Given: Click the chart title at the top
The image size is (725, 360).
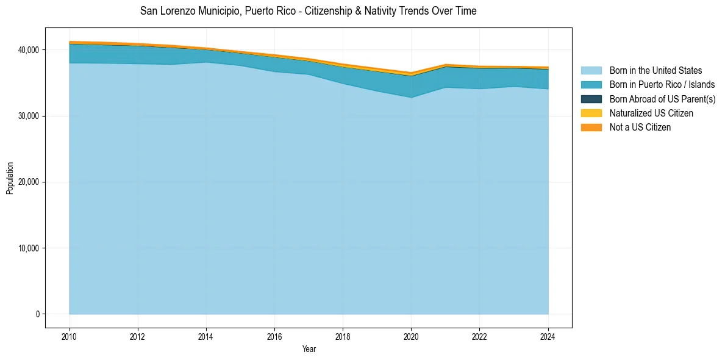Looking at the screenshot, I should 308,11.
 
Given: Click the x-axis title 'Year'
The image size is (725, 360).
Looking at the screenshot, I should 309,349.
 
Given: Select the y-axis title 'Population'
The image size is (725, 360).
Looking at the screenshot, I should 10,178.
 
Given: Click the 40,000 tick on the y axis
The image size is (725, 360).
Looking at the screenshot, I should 29,50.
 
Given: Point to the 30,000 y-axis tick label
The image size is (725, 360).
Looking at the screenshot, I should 29,116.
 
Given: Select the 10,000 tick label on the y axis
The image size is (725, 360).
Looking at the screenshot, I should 29,248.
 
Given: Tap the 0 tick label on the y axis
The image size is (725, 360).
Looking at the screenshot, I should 37,314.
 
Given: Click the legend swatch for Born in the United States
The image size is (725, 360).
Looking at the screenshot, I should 591,71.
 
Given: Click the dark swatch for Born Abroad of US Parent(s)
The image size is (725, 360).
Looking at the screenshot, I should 591,99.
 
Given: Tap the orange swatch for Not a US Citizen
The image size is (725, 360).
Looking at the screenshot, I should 591,128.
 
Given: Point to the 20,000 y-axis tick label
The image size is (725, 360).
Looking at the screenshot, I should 29,182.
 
